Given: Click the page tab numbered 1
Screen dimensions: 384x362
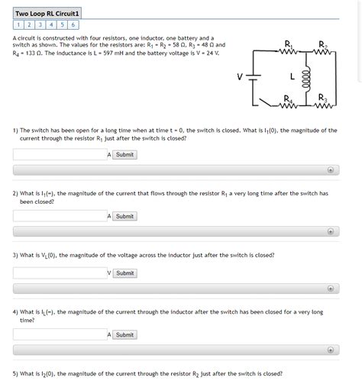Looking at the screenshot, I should pyautogui.click(x=18, y=24).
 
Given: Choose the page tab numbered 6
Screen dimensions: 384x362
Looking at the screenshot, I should pyautogui.click(x=73, y=24).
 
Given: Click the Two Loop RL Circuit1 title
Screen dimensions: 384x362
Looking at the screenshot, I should pyautogui.click(x=47, y=13).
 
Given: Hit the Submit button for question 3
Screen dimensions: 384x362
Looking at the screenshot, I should pyautogui.click(x=124, y=273).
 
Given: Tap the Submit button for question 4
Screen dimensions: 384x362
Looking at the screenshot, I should pyautogui.click(x=124, y=334).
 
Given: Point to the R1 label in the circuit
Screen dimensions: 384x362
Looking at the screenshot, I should pyautogui.click(x=287, y=41).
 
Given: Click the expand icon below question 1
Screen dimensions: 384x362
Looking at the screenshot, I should pyautogui.click(x=330, y=170).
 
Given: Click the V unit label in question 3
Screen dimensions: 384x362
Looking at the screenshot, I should pyautogui.click(x=110, y=273).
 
